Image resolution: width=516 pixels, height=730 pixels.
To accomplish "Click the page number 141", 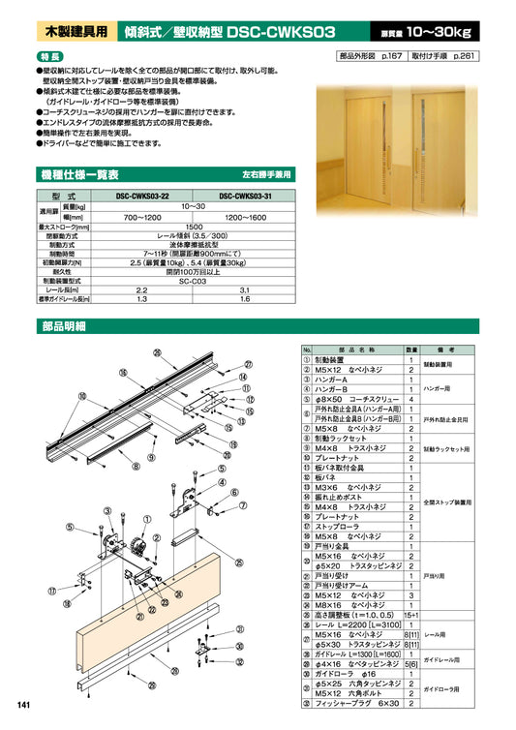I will (x=20, y=703).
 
